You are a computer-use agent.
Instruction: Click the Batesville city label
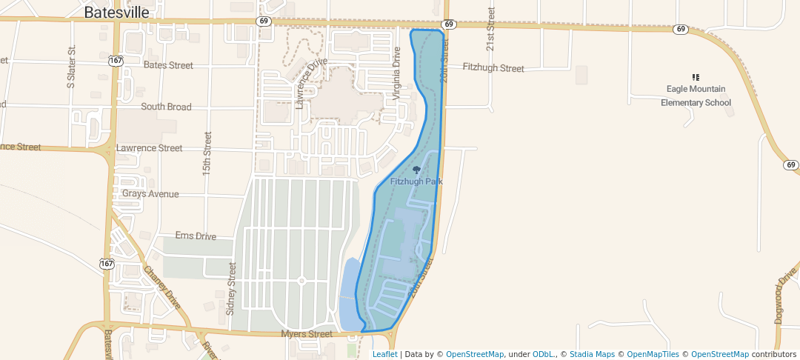tap(116, 13)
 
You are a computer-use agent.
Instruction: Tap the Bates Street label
tap(168, 65)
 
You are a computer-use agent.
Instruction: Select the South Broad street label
tap(166, 107)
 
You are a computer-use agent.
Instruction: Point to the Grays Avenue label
tap(150, 194)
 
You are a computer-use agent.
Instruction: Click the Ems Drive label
tap(196, 236)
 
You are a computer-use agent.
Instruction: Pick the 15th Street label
tap(207, 153)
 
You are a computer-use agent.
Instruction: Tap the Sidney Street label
tap(231, 289)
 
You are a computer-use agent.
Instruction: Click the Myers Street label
tap(307, 334)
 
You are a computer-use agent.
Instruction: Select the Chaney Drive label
tap(162, 287)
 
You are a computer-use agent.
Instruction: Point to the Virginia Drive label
tap(397, 68)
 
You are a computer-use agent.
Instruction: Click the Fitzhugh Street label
tap(493, 68)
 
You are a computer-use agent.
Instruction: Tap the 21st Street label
tap(490, 30)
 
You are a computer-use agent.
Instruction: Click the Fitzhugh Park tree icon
tap(416, 170)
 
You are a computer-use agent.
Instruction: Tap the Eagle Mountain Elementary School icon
tap(696, 77)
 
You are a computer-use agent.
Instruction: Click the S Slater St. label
tap(72, 67)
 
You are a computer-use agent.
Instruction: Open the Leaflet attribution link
tap(384, 354)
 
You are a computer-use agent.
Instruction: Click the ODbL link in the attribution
tap(544, 354)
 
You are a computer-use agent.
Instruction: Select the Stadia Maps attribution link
tap(592, 354)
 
